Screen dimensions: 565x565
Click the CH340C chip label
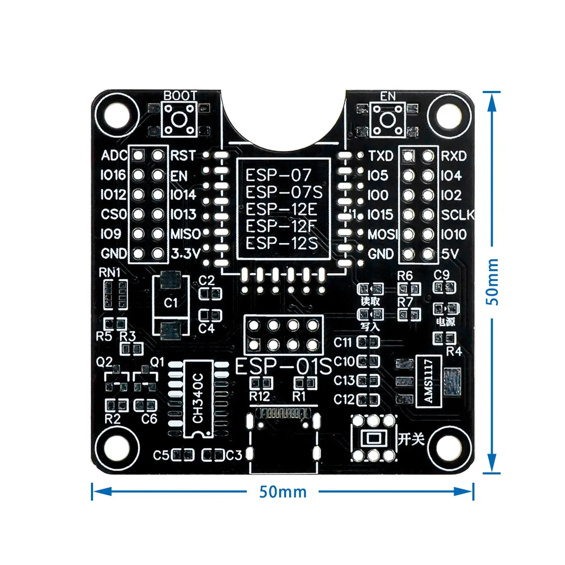198,398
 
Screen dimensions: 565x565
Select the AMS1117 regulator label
428,381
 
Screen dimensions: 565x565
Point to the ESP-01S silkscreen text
284,367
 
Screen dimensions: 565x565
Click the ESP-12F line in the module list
281,226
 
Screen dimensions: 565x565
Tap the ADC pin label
114,156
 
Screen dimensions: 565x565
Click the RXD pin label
454,156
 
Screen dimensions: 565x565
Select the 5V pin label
450,254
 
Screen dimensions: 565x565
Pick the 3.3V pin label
186,253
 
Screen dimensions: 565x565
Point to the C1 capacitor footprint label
170,303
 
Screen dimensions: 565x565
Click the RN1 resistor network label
110,273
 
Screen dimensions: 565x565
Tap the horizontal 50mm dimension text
283,492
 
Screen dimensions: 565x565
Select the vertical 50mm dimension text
492,282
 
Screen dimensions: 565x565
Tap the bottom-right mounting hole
449,449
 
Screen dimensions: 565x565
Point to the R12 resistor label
260,397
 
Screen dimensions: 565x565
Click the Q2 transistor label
104,362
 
